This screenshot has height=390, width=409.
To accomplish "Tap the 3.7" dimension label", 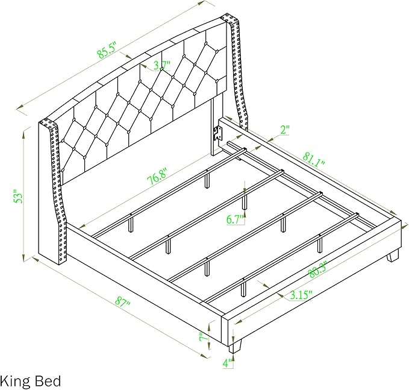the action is point(162,64).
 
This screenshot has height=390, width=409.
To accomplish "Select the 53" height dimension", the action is point(18,196).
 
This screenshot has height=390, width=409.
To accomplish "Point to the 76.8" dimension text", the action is point(157,177).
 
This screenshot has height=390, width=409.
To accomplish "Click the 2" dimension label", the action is point(285,130).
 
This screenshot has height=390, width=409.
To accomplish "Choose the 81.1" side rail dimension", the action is point(314,159).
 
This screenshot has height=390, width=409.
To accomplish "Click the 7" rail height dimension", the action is point(203,338).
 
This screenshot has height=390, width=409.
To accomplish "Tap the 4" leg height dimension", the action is point(228,363).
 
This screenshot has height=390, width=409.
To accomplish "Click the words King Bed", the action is point(31,382).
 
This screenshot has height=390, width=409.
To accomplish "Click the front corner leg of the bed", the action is point(236,346).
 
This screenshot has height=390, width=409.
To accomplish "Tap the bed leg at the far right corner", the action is point(393,256).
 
